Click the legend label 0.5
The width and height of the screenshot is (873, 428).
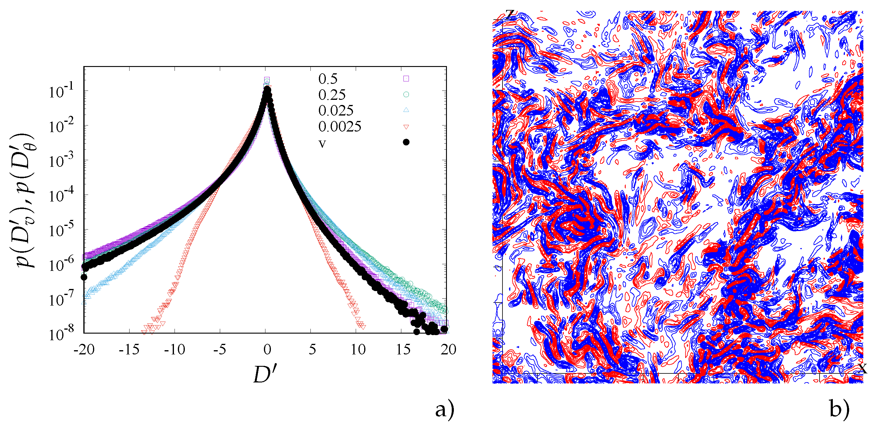click(328, 79)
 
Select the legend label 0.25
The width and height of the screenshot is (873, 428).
click(332, 95)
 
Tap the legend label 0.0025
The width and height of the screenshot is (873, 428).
click(340, 127)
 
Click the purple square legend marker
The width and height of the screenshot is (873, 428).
click(406, 78)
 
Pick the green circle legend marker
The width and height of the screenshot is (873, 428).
click(406, 94)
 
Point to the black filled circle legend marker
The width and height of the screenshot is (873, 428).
click(406, 142)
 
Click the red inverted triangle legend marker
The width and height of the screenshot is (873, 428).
click(406, 127)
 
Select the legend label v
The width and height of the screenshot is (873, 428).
click(322, 143)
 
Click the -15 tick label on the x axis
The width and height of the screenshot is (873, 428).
click(129, 350)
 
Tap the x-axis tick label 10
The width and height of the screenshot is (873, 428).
click(358, 350)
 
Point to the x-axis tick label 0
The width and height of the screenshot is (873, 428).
click(267, 350)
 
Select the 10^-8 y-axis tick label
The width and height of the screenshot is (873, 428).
click(61, 334)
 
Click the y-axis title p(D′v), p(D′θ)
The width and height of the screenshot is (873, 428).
click(25, 200)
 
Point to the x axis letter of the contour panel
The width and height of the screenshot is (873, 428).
click(863, 368)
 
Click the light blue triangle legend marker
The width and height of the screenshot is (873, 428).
click(406, 110)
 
